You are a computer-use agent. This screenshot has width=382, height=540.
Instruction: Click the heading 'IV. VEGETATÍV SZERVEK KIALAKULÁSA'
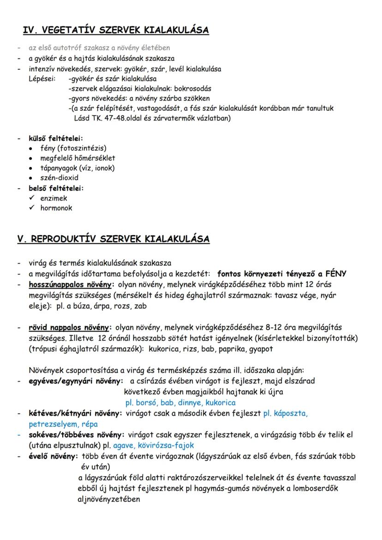coord(116,30)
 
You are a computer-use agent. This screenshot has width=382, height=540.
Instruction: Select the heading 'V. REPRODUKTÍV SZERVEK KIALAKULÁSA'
coord(113,239)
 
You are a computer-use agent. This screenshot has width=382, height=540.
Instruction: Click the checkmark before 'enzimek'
coord(31,198)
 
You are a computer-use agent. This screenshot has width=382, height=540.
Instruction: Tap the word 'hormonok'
coord(56,208)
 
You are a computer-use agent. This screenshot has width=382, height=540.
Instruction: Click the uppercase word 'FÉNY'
coord(335,273)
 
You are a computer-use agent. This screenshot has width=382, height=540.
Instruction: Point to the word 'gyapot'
coord(261,349)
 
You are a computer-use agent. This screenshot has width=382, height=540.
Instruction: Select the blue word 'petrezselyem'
coord(50,424)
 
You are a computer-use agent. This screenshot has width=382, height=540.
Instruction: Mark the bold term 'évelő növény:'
coord(54,456)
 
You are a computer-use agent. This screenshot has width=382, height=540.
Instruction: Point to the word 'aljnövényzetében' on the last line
coord(109,498)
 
